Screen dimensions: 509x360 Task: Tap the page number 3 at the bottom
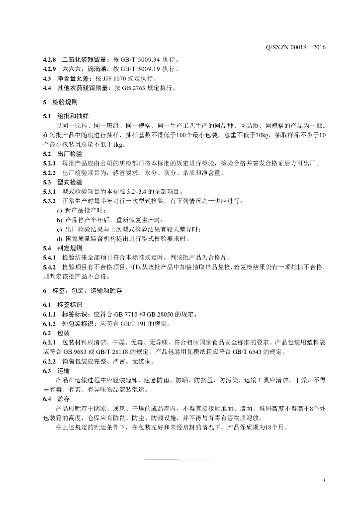324,480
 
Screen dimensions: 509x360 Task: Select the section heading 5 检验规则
60,103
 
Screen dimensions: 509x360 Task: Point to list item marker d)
60,239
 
